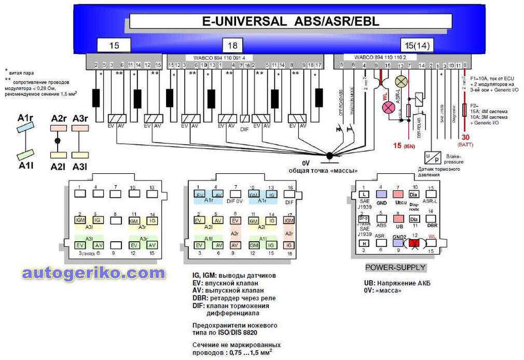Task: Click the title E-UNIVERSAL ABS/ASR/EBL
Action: pos(290,21)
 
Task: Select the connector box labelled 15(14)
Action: pos(416,46)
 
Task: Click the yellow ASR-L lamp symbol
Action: pos(401,81)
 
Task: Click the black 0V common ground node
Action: pos(329,155)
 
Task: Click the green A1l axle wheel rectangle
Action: pos(25,154)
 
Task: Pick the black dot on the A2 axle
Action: pos(58,141)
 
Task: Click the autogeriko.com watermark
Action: pos(93,273)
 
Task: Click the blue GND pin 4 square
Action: pos(381,194)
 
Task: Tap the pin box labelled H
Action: pos(365,243)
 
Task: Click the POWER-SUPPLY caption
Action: pos(395,268)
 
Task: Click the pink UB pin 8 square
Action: pos(398,218)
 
